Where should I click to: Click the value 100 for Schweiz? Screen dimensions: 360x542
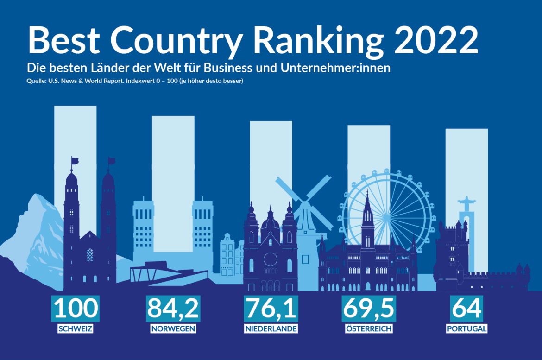coord(76,308)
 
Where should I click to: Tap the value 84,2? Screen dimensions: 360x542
coord(173,308)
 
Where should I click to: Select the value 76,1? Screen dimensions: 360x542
coord(271,308)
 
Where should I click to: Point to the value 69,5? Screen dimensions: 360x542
coord(369,308)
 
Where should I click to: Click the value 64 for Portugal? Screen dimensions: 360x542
coord(466,308)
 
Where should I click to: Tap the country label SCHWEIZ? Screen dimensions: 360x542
coord(76,329)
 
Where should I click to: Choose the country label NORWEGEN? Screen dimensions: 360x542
coord(173,329)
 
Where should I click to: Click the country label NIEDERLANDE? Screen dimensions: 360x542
coord(271,329)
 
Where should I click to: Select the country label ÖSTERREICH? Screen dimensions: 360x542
coord(369,329)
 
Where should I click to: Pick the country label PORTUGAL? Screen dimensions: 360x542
coord(466,329)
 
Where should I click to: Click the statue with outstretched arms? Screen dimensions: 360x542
coord(465,204)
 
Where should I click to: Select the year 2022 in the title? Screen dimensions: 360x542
coord(435,41)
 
